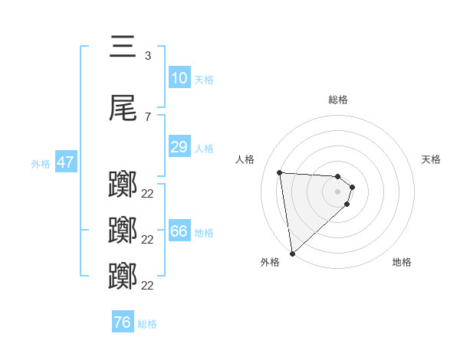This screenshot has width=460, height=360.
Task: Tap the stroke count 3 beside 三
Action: click(x=147, y=55)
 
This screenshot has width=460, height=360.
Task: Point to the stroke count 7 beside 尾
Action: click(x=147, y=116)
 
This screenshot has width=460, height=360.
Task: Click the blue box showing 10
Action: click(x=179, y=78)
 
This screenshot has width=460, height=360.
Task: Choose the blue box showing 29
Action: click(x=179, y=147)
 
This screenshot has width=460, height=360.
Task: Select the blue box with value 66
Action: click(x=179, y=231)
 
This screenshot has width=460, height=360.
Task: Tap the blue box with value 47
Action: click(x=65, y=162)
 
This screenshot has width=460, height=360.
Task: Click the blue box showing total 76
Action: click(x=122, y=322)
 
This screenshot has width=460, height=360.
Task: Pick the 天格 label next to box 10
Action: click(x=203, y=79)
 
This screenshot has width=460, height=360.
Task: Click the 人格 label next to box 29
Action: click(x=203, y=148)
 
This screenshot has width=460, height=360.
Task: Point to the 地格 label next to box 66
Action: click(x=203, y=232)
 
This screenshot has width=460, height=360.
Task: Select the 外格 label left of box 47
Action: click(x=41, y=163)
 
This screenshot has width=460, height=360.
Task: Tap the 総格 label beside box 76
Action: click(x=147, y=323)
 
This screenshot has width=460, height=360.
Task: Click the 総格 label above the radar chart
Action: click(x=338, y=100)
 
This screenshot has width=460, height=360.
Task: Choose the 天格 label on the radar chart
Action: click(x=431, y=159)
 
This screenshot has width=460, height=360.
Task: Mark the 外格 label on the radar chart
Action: click(x=270, y=262)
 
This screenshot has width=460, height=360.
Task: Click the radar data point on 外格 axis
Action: click(x=291, y=253)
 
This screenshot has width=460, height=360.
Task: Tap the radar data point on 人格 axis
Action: click(x=280, y=172)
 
